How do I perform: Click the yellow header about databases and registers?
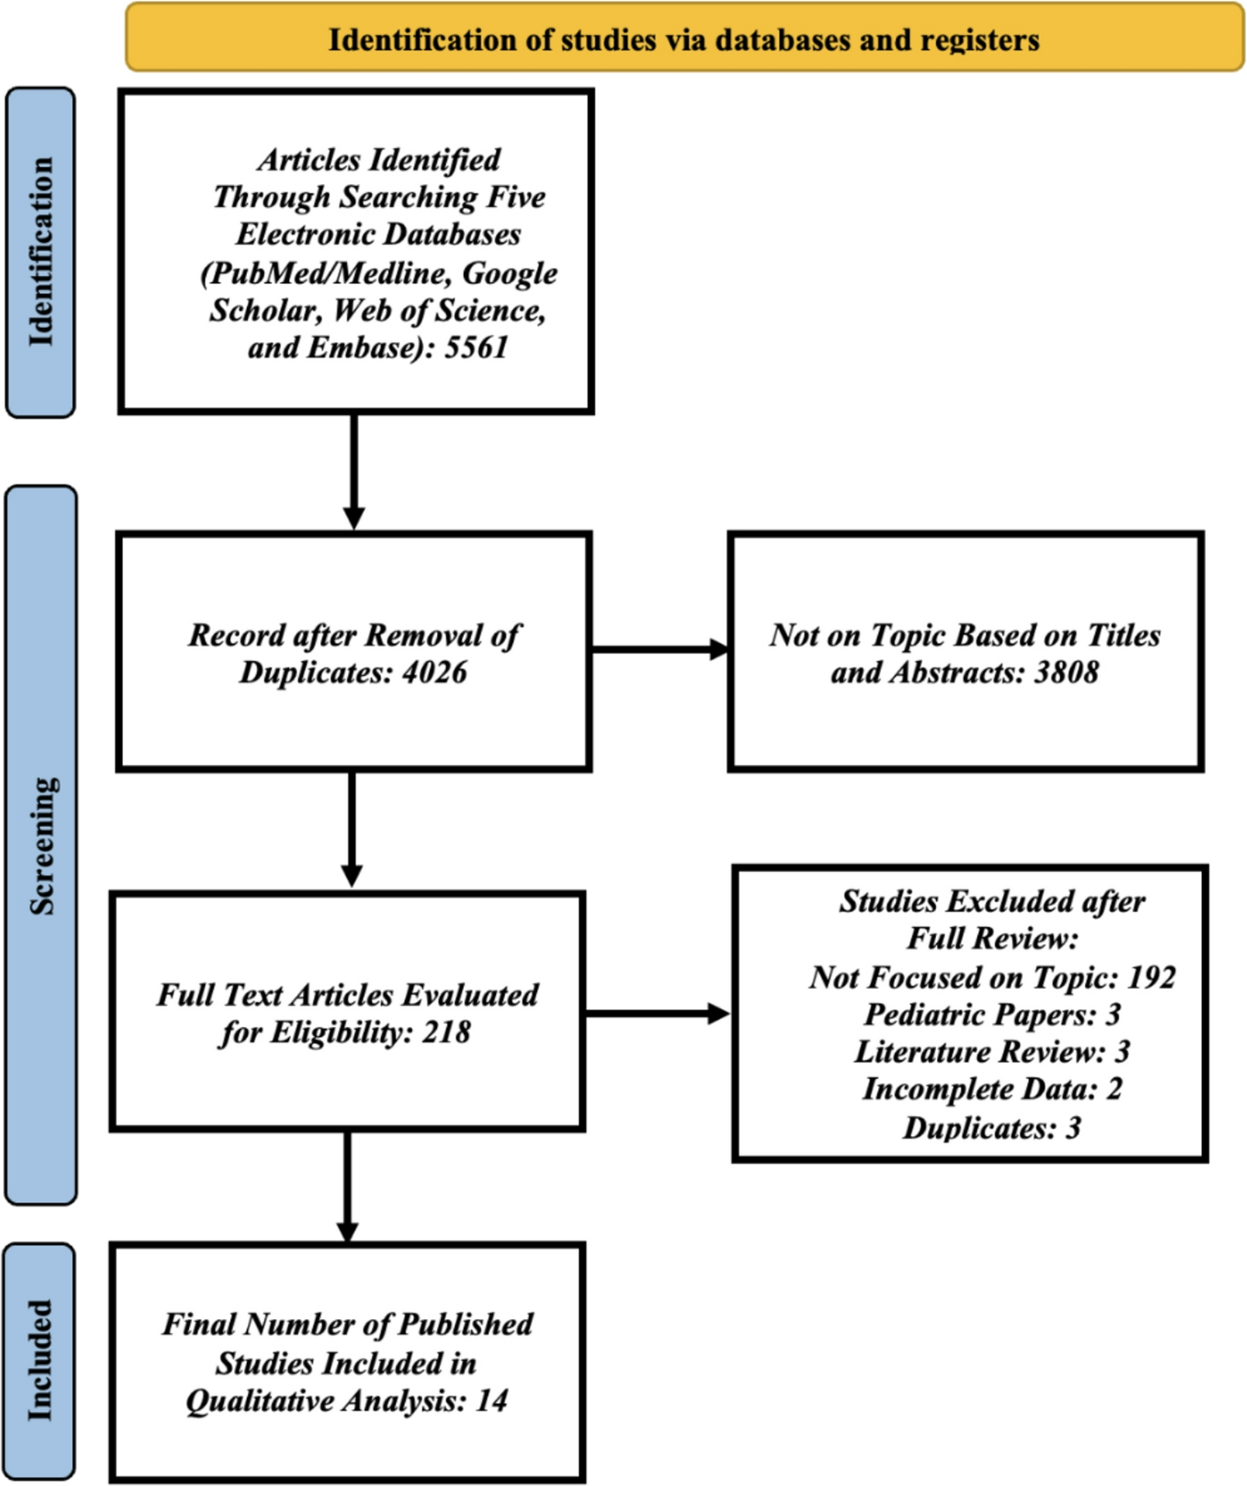684,39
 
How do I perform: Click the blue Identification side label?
40,252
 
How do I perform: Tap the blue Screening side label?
41,844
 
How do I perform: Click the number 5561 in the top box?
476,348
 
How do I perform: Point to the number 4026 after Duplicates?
434,673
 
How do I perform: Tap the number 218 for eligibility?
446,1033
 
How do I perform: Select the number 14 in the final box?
491,1400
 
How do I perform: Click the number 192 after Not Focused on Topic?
1151,978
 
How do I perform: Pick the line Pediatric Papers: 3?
992,1015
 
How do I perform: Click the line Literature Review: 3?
992,1051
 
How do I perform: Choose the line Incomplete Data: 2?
992,1089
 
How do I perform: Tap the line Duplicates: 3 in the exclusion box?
992,1128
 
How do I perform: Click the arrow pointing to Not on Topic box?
659,651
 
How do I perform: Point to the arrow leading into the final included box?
348,1187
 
